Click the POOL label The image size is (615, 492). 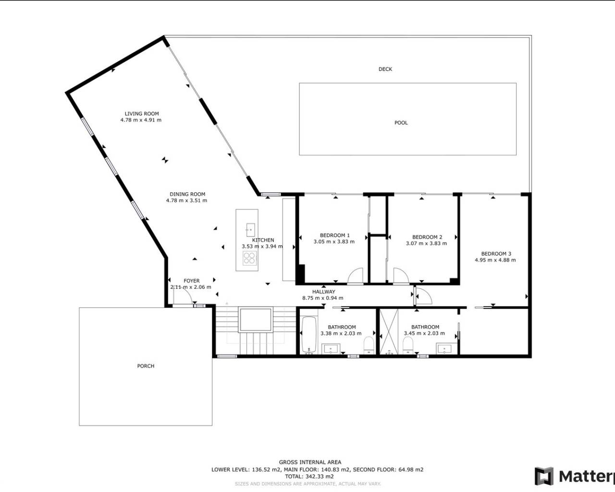[401, 123]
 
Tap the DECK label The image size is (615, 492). [385, 69]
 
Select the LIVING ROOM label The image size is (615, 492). [141, 114]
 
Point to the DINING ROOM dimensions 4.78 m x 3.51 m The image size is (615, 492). [186, 200]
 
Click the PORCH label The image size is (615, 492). [146, 366]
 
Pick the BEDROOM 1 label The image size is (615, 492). [334, 235]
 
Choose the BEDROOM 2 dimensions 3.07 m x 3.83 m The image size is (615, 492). [427, 243]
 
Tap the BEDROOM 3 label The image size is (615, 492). [496, 254]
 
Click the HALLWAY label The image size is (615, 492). [323, 292]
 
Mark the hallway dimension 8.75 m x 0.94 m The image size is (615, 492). [322, 298]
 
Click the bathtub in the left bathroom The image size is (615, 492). [308, 334]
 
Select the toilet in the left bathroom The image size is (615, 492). [369, 344]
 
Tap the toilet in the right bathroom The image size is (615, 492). [408, 344]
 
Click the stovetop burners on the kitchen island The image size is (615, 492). [249, 258]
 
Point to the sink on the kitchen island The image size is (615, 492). [250, 227]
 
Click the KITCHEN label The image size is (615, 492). [263, 240]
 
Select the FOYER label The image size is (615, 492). [191, 281]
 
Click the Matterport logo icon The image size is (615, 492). [544, 476]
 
